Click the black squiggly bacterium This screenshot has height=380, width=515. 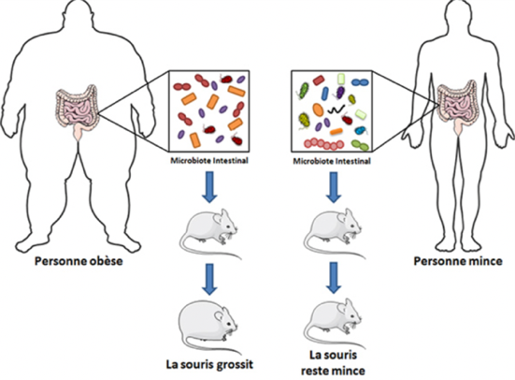point(336,109)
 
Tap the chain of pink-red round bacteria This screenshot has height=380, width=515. point(323,144)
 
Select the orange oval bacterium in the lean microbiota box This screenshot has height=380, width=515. point(318,110)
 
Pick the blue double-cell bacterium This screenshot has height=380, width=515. point(360,82)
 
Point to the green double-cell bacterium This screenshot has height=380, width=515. point(360,145)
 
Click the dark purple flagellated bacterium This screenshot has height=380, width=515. point(339,91)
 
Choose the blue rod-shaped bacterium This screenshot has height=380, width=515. point(325,94)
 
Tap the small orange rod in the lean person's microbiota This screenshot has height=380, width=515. point(336,132)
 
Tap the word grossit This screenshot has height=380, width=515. point(235,365)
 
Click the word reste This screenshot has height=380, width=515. point(316,372)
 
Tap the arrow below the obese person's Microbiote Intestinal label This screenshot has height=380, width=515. point(209,186)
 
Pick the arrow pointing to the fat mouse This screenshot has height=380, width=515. point(209,279)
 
